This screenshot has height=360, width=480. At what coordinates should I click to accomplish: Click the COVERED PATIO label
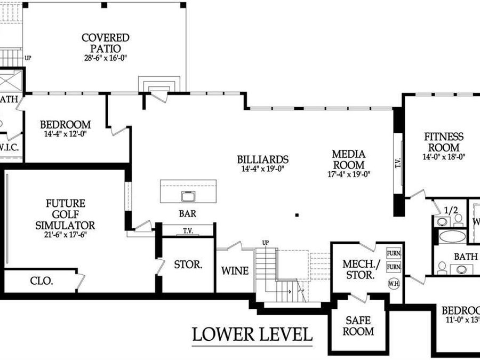105,43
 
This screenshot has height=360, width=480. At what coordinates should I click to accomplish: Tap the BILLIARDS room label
262,159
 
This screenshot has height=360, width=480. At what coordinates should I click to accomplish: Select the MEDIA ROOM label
349,159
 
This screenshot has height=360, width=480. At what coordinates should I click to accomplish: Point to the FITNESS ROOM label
444,142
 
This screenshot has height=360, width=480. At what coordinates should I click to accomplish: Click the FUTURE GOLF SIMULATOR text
65,214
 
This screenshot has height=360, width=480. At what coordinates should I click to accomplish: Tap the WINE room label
235,271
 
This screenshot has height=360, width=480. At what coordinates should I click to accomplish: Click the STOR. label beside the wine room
188,264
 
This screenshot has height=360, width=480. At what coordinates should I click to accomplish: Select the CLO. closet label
41,281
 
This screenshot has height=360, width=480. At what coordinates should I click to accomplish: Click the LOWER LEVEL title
252,335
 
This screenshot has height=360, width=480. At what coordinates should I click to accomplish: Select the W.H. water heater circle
394,283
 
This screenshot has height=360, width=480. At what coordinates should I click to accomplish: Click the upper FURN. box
394,253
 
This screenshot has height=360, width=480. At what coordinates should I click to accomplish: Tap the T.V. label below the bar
188,231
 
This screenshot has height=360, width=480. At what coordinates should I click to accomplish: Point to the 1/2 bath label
451,210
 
